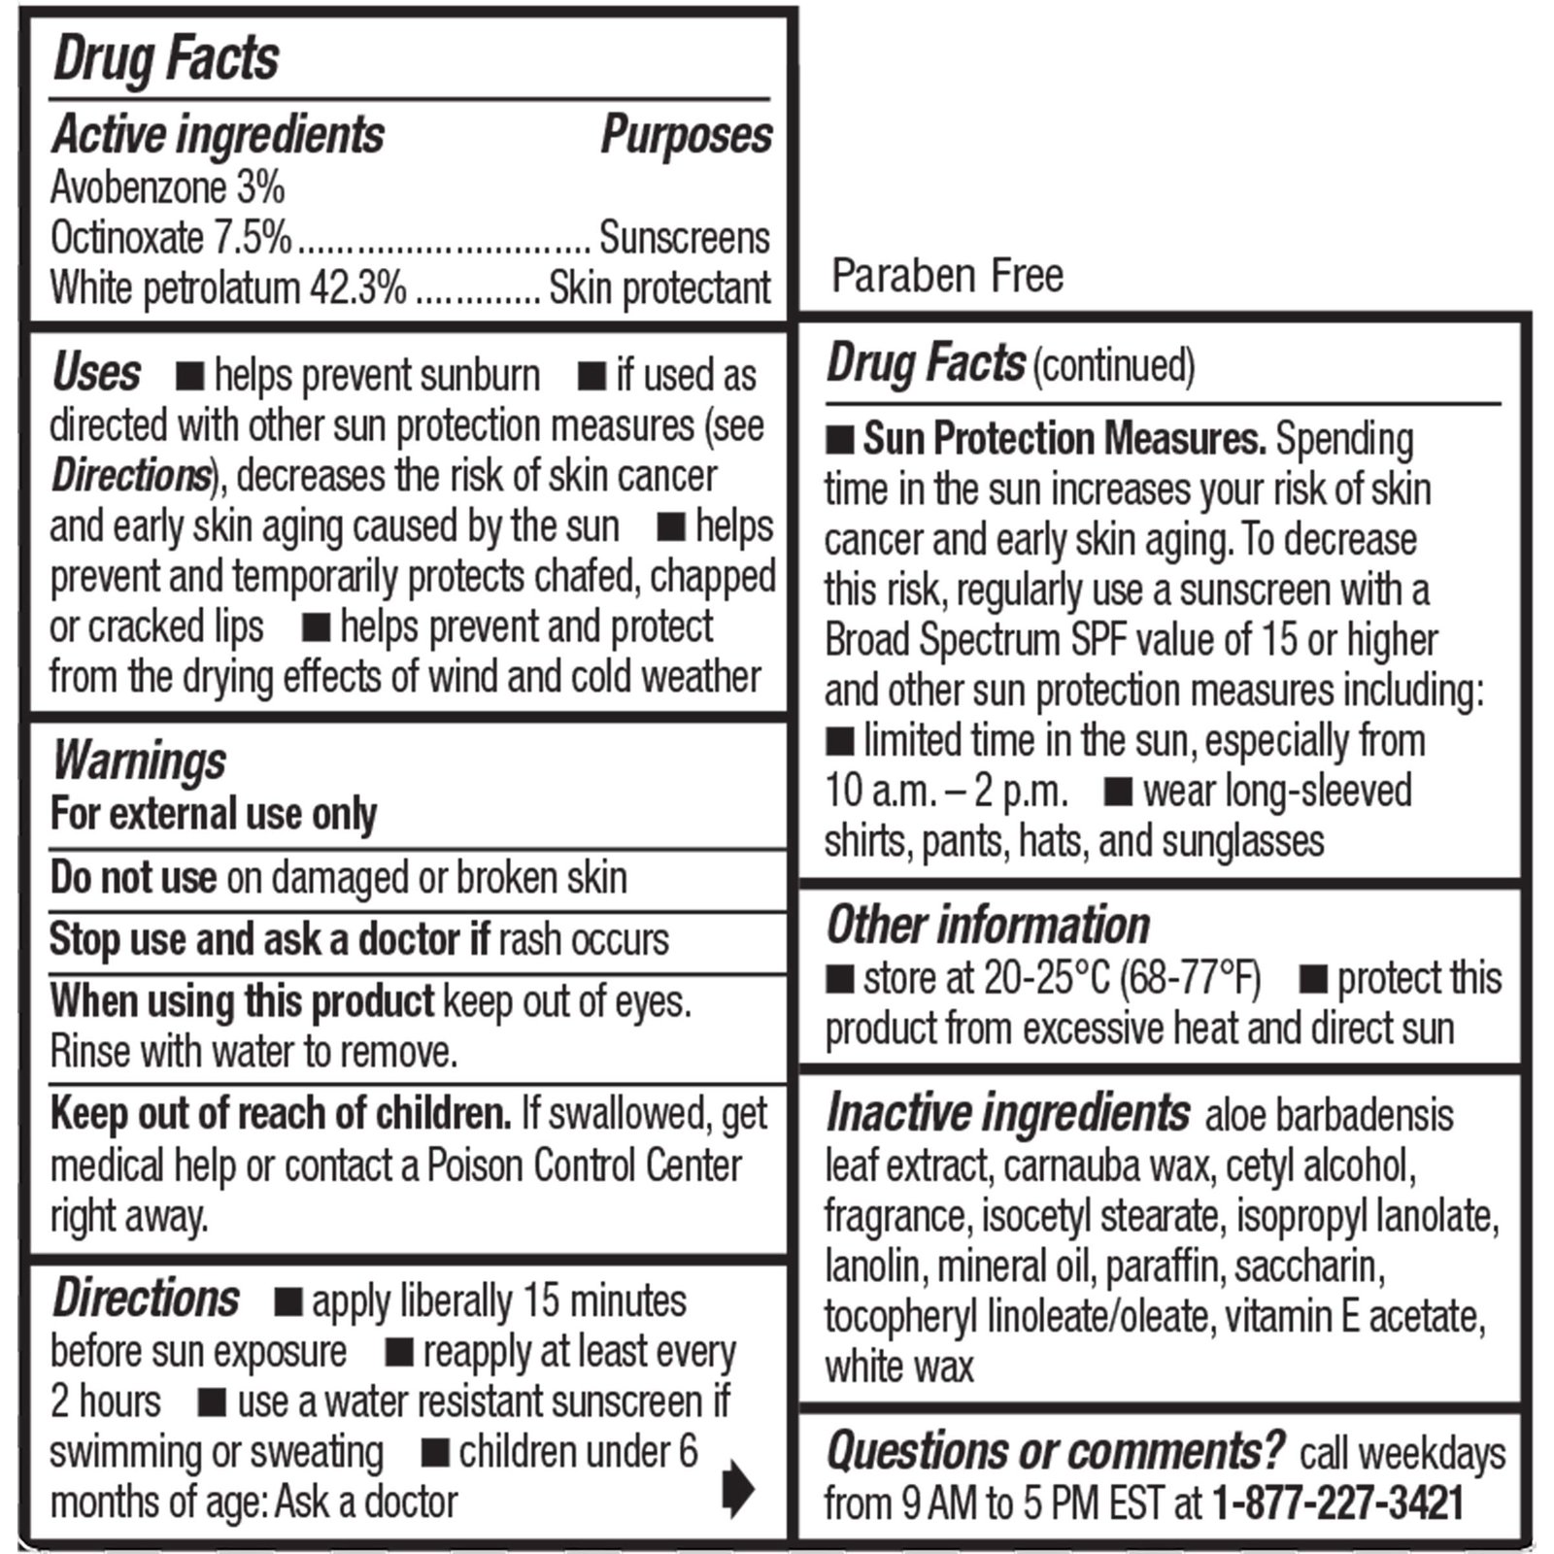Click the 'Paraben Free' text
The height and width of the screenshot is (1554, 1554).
pyautogui.click(x=947, y=276)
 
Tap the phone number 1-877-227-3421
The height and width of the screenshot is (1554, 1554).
pyautogui.click(x=1338, y=1503)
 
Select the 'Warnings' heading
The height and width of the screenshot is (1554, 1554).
pyautogui.click(x=139, y=760)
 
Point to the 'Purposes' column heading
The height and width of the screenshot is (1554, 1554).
pyautogui.click(x=687, y=134)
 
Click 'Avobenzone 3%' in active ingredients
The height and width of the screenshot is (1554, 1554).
pyautogui.click(x=167, y=187)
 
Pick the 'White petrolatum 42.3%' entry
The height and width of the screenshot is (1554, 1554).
pyautogui.click(x=228, y=288)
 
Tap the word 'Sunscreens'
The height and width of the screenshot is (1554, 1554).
pyautogui.click(x=684, y=238)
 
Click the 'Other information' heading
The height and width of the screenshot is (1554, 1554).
pyautogui.click(x=988, y=925)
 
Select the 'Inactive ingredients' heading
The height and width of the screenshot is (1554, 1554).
pyautogui.click(x=1007, y=1113)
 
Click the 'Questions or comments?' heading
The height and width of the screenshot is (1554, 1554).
pyautogui.click(x=1056, y=1451)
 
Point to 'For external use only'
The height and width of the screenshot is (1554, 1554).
pyautogui.click(x=214, y=814)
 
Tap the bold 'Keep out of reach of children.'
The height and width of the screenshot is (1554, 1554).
pyautogui.click(x=281, y=1114)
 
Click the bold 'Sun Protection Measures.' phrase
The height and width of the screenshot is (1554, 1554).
pyautogui.click(x=1064, y=439)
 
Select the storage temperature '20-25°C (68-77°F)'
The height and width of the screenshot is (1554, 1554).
pyautogui.click(x=1123, y=979)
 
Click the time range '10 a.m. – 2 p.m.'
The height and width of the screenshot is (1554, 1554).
pyautogui.click(x=946, y=792)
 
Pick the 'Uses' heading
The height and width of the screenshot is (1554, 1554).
pyautogui.click(x=96, y=373)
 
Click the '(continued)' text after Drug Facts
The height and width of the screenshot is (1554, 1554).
pyautogui.click(x=1113, y=366)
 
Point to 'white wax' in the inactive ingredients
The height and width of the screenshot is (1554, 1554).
pyautogui.click(x=899, y=1368)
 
